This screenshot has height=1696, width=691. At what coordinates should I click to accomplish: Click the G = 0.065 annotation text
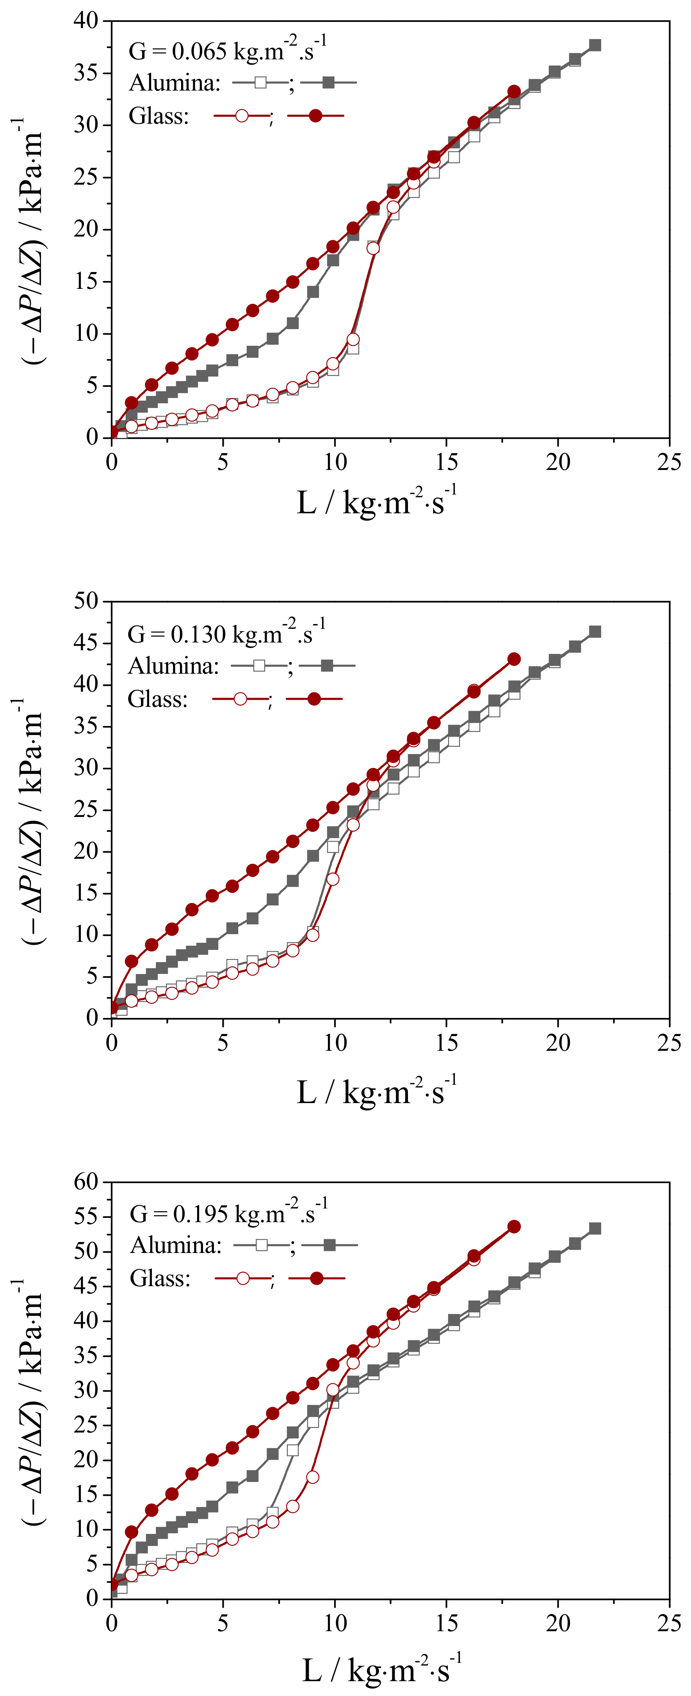pyautogui.click(x=227, y=51)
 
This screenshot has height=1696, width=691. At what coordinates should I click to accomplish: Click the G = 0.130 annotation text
pyautogui.click(x=226, y=634)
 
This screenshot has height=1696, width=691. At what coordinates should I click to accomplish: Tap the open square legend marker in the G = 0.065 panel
pyautogui.click(x=260, y=82)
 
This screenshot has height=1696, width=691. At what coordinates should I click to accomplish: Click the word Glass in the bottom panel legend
pyautogui.click(x=160, y=1278)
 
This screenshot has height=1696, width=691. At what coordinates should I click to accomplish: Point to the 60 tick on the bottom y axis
pyautogui.click(x=85, y=1182)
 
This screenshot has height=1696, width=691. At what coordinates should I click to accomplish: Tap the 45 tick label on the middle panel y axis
pyautogui.click(x=85, y=642)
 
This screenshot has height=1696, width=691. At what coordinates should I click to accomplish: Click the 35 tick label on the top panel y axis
pyautogui.click(x=85, y=73)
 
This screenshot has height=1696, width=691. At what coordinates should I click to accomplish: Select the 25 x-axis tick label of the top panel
pyautogui.click(x=669, y=462)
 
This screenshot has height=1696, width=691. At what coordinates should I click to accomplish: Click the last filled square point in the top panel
pyautogui.click(x=595, y=45)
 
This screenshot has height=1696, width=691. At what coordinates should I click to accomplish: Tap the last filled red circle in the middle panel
pyautogui.click(x=514, y=659)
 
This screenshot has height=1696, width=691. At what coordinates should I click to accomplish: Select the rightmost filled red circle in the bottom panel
pyautogui.click(x=514, y=1226)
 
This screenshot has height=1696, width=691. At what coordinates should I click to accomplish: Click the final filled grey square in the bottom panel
pyautogui.click(x=595, y=1228)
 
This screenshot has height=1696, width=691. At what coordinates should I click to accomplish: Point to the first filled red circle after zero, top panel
pyautogui.click(x=132, y=403)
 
